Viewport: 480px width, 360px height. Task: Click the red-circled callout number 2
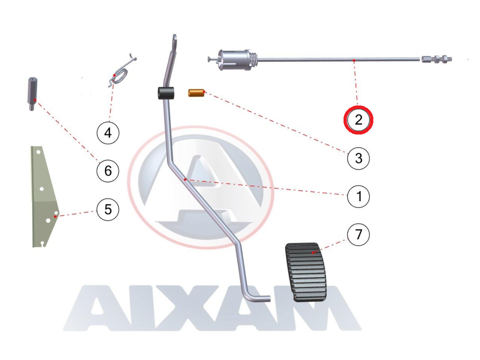pyautogui.click(x=358, y=120)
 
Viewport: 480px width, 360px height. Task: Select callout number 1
pyautogui.click(x=358, y=197)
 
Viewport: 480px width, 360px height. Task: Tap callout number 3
pyautogui.click(x=358, y=158)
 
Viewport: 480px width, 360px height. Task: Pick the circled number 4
pyautogui.click(x=108, y=133)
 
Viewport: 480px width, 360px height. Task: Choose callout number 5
pyautogui.click(x=108, y=209)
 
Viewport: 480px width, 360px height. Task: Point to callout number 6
pyautogui.click(x=108, y=170)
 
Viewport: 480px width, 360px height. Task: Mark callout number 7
pyautogui.click(x=358, y=235)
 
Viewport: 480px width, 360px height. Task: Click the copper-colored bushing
pyautogui.click(x=196, y=93)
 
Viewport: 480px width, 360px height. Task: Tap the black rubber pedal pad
pyautogui.click(x=306, y=272)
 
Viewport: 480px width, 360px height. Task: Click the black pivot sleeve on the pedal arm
pyautogui.click(x=166, y=94)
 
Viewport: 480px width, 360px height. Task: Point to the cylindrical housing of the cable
pyautogui.click(x=235, y=59)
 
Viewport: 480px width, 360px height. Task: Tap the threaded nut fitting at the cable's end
pyautogui.click(x=437, y=59)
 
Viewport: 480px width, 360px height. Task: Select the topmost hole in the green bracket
pyautogui.click(x=38, y=152)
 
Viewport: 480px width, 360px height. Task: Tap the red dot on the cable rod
pyautogui.click(x=354, y=61)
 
